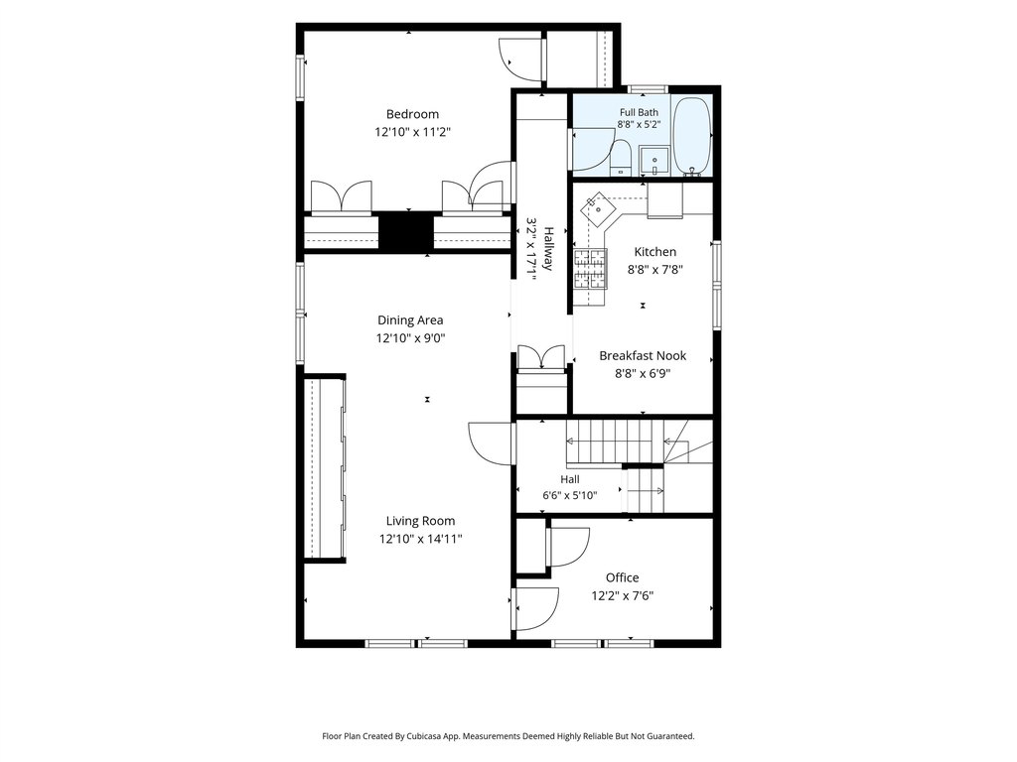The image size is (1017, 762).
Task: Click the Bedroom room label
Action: point(412,115)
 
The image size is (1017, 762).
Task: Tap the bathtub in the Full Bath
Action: point(692,136)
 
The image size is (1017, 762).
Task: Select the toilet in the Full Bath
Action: point(621,158)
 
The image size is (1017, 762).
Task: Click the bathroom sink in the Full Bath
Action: point(654,160)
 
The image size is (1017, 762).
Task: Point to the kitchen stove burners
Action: point(590,269)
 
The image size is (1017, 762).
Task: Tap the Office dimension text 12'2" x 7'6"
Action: point(622,596)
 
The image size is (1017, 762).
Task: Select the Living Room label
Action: point(420,521)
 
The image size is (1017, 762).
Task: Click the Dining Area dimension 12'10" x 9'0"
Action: point(410,338)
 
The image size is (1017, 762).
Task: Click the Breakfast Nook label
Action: point(643,356)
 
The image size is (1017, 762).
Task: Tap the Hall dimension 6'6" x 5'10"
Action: point(570,496)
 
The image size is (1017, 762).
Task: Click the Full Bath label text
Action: point(639,112)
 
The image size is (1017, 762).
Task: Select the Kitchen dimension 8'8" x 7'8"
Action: point(655,270)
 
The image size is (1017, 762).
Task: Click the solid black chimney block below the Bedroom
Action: point(405,231)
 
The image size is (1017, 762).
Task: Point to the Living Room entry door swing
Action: point(491,444)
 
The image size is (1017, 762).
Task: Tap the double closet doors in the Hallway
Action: point(541,357)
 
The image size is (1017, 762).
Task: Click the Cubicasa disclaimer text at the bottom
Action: point(508,736)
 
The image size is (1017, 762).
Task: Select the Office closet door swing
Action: point(567,548)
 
